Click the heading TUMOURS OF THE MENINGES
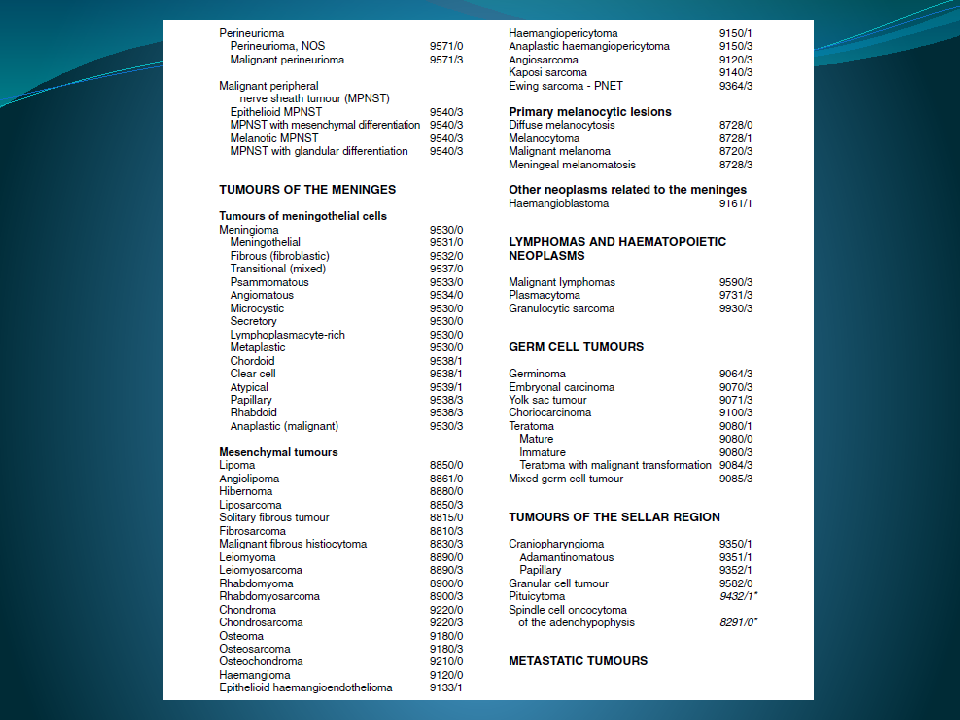tap(307, 190)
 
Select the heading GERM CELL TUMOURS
tap(576, 347)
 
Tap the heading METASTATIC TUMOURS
tap(578, 661)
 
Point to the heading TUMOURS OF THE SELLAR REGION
tap(614, 517)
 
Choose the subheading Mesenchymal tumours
tap(278, 452)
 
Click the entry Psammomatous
tap(269, 282)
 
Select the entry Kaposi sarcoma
tap(548, 73)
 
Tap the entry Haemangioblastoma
tap(559, 203)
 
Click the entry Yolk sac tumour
tap(547, 400)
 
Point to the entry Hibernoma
tap(246, 491)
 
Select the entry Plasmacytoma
tap(544, 295)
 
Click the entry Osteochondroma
tap(260, 661)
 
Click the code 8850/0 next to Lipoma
tap(446, 465)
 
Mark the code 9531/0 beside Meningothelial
tap(446, 243)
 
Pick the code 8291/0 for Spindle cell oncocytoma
tap(738, 622)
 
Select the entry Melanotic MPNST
tap(274, 138)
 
